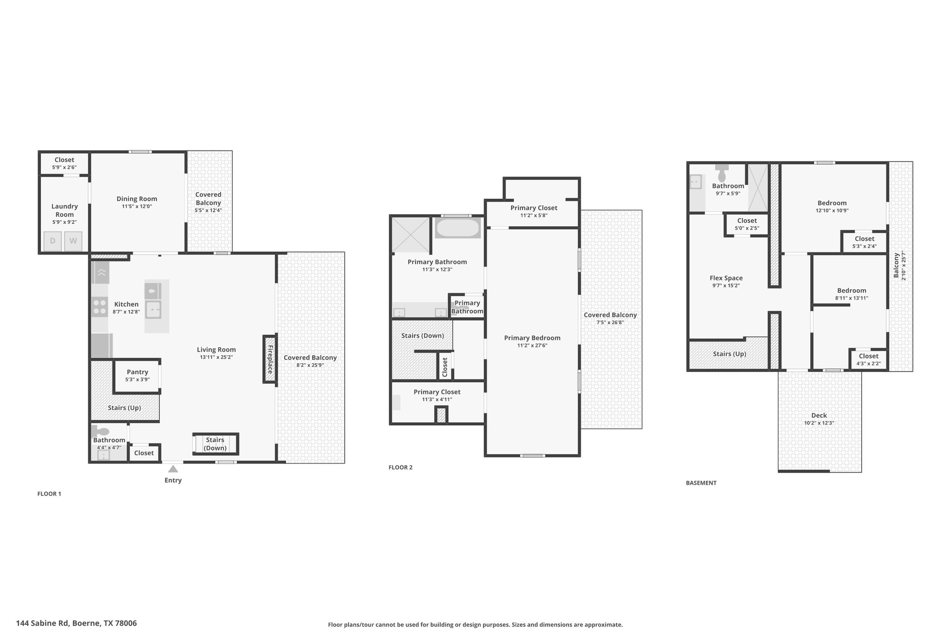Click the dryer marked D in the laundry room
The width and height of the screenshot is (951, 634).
coord(52,241)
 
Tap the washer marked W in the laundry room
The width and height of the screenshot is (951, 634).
coord(73,241)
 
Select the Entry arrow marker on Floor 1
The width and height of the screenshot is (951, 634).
coord(173,469)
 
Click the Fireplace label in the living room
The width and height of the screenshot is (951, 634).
coord(270,359)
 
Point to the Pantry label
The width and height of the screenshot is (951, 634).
coord(137,372)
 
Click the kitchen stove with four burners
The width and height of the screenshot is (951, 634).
coord(100,307)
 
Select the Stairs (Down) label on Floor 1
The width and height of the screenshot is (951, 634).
coord(215,444)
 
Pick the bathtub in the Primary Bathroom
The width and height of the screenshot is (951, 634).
coord(458,228)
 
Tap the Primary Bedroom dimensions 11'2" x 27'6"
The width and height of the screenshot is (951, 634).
coord(532,346)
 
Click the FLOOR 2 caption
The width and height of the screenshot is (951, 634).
coord(400,467)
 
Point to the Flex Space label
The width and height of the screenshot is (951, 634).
coord(726,278)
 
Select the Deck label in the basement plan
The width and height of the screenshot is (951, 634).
coord(819,415)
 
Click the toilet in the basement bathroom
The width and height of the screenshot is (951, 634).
coord(722,173)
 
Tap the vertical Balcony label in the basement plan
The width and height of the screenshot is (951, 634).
coord(896,265)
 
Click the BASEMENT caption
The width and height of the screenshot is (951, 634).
coord(701,483)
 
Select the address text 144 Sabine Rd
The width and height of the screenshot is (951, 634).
coord(43,623)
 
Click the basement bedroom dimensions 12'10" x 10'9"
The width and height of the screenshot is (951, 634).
coord(832,210)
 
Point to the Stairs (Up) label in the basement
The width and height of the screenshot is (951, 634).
coord(730,354)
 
